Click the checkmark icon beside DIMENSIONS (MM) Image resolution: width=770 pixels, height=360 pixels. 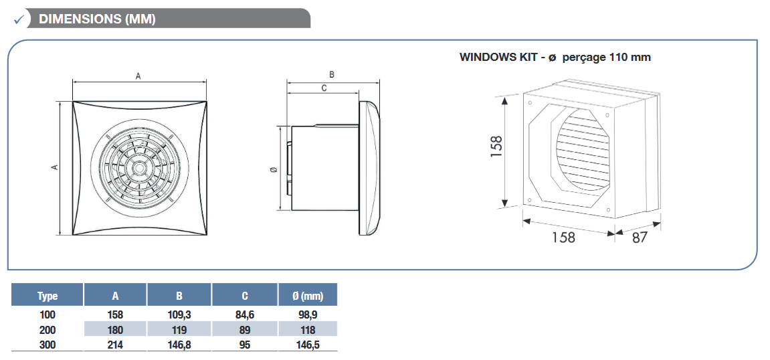tap(19, 19)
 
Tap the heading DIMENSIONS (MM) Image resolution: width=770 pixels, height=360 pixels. tap(97, 19)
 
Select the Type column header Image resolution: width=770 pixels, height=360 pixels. tap(47, 296)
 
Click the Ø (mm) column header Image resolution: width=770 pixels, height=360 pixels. tap(308, 296)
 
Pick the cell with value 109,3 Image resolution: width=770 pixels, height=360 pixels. tap(179, 314)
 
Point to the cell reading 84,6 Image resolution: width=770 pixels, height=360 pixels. tap(245, 314)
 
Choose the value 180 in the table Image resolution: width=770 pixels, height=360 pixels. tap(116, 330)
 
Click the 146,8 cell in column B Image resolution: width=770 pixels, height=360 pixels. tap(179, 345)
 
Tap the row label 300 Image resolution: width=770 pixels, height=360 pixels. tap(47, 345)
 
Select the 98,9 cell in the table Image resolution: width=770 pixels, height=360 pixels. tap(308, 314)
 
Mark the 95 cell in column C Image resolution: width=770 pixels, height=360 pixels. tap(245, 345)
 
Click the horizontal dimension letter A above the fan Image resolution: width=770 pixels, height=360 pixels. tap(138, 76)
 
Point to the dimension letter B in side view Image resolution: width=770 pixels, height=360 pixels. tap(331, 75)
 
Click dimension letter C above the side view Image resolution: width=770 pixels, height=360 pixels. tap(324, 88)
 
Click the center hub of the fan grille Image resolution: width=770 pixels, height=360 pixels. tap(139, 167)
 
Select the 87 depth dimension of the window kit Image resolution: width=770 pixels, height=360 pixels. tap(640, 238)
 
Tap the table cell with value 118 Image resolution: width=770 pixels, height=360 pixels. tap(308, 330)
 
